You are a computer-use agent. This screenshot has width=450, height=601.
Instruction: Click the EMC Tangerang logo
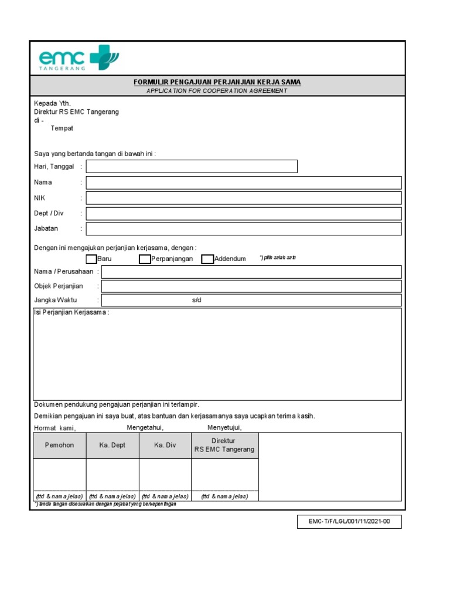pyautogui.click(x=79, y=58)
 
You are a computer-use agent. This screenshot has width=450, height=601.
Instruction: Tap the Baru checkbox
pyautogui.click(x=91, y=259)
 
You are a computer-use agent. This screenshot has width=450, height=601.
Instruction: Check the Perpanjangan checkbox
pyautogui.click(x=145, y=259)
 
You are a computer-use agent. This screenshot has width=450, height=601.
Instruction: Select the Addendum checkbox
pyautogui.click(x=207, y=259)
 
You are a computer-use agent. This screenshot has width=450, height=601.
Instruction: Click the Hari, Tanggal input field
pyautogui.click(x=192, y=167)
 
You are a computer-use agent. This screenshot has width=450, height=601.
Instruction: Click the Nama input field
pyautogui.click(x=244, y=183)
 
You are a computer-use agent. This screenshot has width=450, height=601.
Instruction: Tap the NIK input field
pyautogui.click(x=244, y=198)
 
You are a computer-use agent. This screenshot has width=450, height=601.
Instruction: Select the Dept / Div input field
pyautogui.click(x=244, y=214)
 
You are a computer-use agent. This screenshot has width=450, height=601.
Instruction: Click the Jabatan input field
pyautogui.click(x=244, y=229)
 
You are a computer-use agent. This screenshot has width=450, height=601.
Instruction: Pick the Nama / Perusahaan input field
pyautogui.click(x=251, y=272)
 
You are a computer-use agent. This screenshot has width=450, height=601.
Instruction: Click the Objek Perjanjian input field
pyautogui.click(x=251, y=286)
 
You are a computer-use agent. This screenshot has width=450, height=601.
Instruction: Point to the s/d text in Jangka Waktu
pyautogui.click(x=196, y=300)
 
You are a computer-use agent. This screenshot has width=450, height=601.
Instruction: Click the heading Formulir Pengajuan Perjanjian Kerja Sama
pyautogui.click(x=217, y=82)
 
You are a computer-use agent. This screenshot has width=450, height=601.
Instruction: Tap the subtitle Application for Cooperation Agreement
pyautogui.click(x=217, y=91)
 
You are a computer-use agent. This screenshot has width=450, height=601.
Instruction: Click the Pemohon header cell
pyautogui.click(x=60, y=445)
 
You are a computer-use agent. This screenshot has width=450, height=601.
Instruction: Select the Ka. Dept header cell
pyautogui.click(x=112, y=445)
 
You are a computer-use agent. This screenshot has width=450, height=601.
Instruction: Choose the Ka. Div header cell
pyautogui.click(x=165, y=445)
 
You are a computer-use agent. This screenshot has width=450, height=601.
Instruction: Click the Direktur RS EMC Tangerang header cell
pyautogui.click(x=224, y=445)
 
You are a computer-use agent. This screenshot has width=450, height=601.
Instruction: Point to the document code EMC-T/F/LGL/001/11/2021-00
pyautogui.click(x=349, y=522)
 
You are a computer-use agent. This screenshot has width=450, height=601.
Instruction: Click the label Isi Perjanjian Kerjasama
pyautogui.click(x=71, y=313)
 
